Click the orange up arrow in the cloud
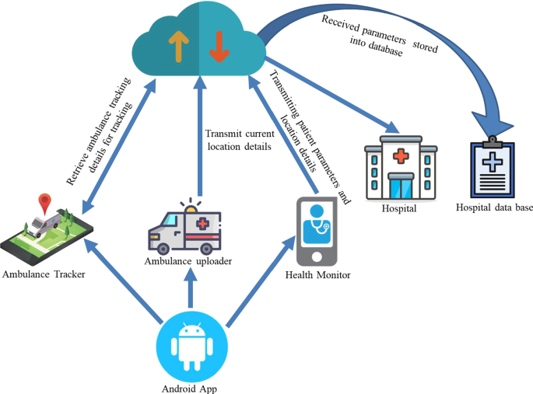[x=177, y=47]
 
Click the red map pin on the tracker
[x=45, y=204]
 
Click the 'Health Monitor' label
[x=317, y=274]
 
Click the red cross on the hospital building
[x=401, y=156]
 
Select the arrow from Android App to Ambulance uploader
[x=188, y=295]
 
